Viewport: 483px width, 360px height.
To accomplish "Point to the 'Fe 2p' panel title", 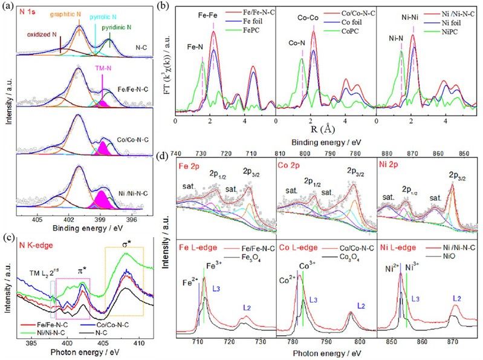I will click(190, 165).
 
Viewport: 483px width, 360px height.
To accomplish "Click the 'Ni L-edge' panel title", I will click(397, 247).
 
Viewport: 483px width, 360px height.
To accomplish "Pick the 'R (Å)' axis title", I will click(327, 129).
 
